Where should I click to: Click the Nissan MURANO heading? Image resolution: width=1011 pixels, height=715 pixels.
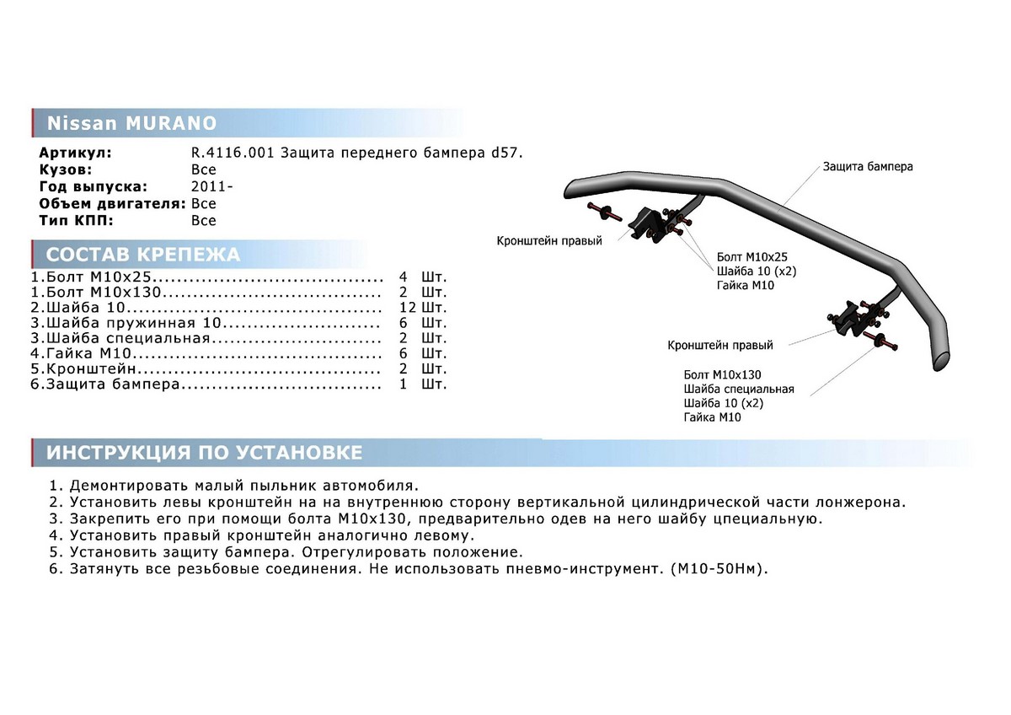(x=131, y=124)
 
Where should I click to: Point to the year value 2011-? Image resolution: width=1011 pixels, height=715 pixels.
(x=207, y=186)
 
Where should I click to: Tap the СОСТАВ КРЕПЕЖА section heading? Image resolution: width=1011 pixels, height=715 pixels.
(x=142, y=255)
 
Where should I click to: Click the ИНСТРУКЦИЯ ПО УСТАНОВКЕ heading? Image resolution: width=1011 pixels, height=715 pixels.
(x=204, y=453)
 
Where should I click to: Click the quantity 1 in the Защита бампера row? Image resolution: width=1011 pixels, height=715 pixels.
(x=404, y=384)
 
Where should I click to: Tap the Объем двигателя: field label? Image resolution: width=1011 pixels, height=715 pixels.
(x=112, y=203)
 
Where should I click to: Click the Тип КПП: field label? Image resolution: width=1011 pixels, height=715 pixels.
(x=75, y=220)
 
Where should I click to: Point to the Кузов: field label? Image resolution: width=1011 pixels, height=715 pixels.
(x=71, y=169)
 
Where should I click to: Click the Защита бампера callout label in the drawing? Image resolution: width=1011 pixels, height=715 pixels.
(x=868, y=167)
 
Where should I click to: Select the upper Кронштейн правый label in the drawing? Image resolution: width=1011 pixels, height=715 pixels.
(x=549, y=241)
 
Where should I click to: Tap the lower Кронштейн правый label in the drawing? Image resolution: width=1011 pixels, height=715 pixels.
(x=720, y=345)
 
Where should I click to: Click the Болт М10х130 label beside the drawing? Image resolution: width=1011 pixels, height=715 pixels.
(x=723, y=374)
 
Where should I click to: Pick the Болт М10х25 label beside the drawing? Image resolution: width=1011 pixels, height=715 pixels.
(x=752, y=255)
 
